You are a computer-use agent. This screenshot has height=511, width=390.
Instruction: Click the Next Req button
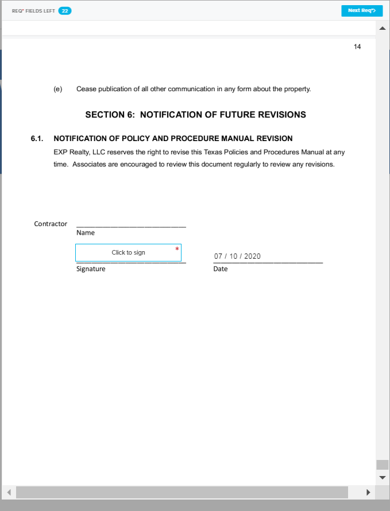361,11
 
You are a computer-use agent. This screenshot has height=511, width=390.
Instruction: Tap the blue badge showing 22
65,11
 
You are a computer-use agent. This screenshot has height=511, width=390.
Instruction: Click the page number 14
357,47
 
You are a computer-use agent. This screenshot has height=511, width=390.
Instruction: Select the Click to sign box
128,252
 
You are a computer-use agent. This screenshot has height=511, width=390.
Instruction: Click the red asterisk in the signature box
177,248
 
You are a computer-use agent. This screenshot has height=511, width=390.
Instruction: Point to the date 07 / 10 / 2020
237,256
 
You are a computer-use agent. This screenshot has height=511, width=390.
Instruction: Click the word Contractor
51,224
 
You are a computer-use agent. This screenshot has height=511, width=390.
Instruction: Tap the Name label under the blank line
86,233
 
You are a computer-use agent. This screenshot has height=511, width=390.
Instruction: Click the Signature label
91,269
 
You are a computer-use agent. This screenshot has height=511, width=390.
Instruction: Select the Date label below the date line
220,269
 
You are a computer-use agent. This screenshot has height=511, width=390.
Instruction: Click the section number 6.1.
37,139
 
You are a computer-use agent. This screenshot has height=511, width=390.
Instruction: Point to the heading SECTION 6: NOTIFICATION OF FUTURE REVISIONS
195,115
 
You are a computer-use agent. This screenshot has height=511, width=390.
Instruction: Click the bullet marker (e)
57,89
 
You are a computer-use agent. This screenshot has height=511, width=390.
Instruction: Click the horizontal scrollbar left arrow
9,493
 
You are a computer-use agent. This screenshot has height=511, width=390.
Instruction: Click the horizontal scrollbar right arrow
368,493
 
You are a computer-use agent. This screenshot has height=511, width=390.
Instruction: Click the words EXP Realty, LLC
76,153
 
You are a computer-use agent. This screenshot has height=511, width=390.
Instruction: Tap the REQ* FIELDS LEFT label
33,11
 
